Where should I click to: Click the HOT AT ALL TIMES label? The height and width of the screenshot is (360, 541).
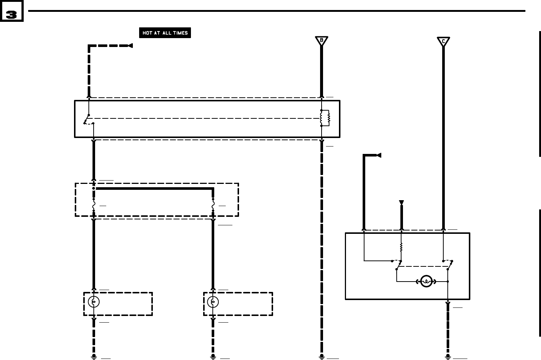(165, 33)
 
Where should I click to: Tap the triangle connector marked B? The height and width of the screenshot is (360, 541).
(322, 40)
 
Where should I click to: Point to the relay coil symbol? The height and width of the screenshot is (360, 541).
(325, 118)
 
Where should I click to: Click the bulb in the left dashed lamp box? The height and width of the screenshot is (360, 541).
(94, 302)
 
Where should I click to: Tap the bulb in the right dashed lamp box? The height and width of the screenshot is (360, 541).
(213, 302)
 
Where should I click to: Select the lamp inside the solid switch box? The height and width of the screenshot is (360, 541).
(426, 282)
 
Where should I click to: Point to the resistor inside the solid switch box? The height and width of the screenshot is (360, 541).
(401, 247)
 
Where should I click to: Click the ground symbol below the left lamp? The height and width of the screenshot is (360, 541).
(94, 357)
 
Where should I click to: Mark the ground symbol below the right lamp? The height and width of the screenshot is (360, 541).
(213, 357)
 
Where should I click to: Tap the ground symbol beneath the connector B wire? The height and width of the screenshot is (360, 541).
(322, 357)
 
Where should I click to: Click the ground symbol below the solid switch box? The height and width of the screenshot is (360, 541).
(448, 357)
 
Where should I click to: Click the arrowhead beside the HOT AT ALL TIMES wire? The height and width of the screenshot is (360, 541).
(130, 46)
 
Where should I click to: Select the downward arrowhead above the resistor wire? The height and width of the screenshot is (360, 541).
(401, 203)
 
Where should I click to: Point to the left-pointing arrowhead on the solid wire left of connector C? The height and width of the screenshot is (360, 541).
(378, 155)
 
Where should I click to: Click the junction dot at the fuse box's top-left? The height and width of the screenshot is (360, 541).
(94, 188)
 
